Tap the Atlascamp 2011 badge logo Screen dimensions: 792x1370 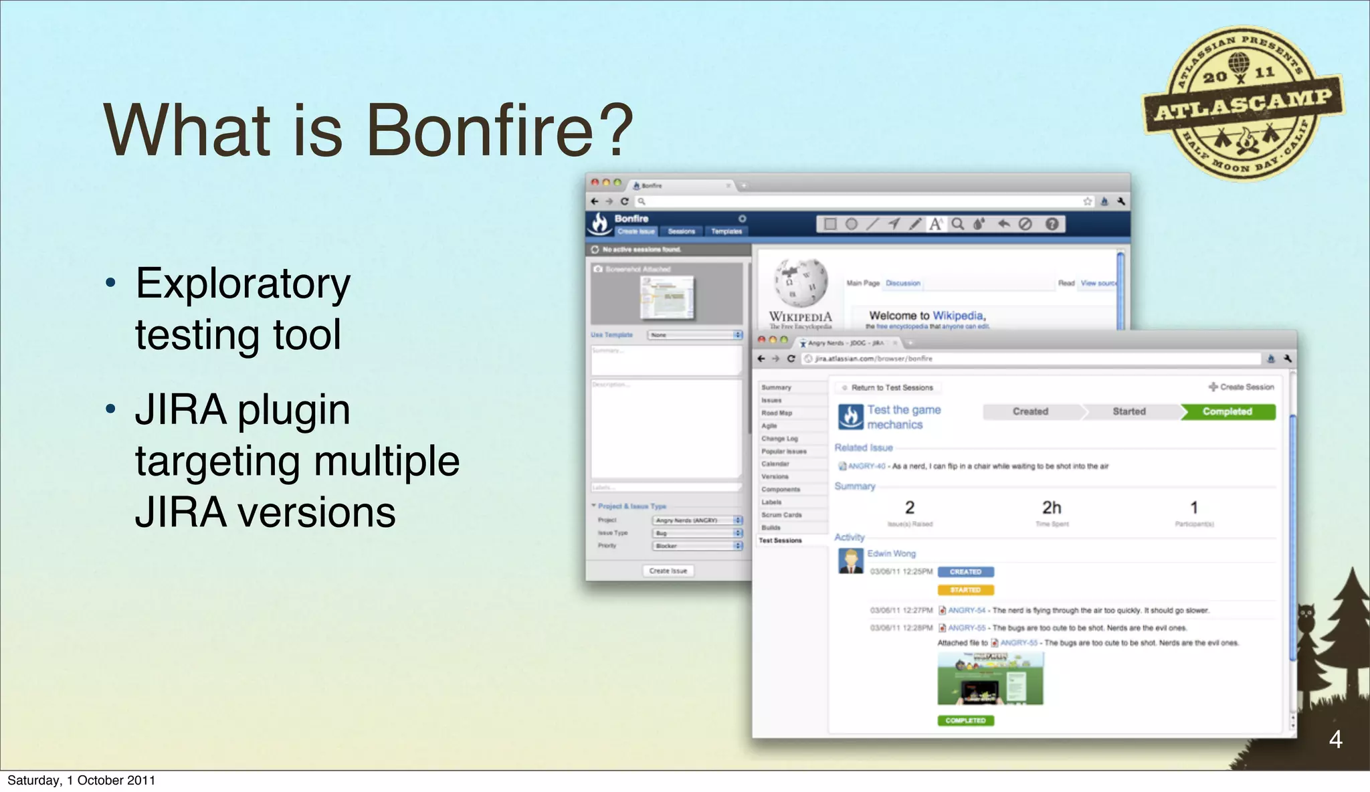tap(1243, 104)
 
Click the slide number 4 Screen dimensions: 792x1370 tap(1335, 739)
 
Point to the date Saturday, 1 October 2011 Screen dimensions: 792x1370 tap(81, 780)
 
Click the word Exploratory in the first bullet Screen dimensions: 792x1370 tap(243, 284)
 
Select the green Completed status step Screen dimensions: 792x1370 tap(1227, 411)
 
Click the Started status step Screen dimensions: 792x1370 tap(1129, 411)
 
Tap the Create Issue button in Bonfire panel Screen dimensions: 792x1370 tap(668, 571)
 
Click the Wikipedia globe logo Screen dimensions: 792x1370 tap(801, 282)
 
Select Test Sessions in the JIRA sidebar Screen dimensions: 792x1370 tap(780, 540)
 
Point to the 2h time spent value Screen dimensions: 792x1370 tap(1051, 508)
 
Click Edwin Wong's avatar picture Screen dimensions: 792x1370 tap(850, 561)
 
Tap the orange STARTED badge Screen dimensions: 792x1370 tap(965, 590)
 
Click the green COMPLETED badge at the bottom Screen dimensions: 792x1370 tap(965, 720)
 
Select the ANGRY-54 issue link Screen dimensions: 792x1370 tap(966, 610)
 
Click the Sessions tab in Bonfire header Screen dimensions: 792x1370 tap(681, 231)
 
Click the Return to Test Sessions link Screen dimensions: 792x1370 tap(891, 387)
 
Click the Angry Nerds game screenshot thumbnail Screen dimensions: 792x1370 tap(990, 679)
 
